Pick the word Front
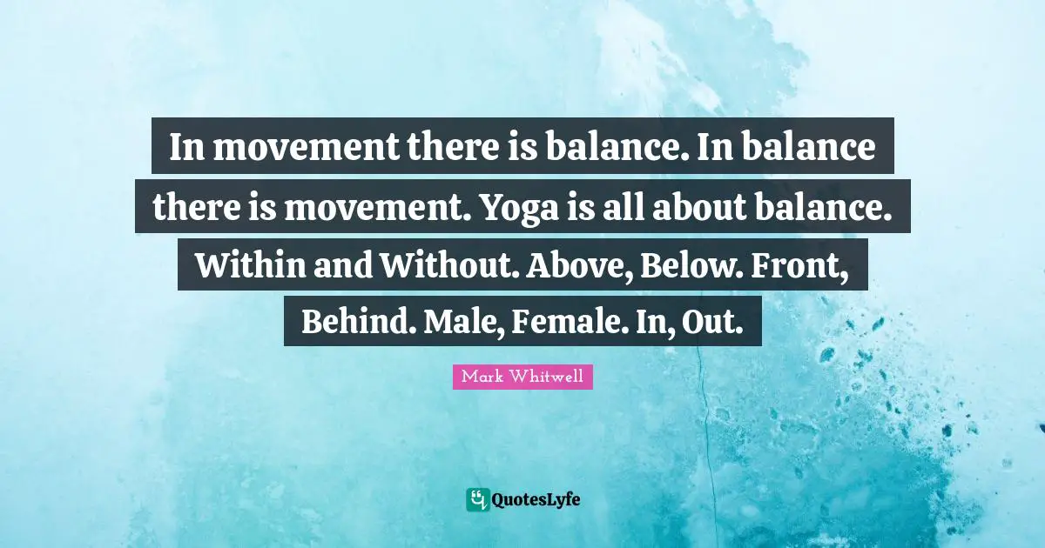(x=810, y=265)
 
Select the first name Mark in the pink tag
(x=482, y=378)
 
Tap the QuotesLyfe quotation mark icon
(x=477, y=499)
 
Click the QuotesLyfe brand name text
(x=536, y=499)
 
